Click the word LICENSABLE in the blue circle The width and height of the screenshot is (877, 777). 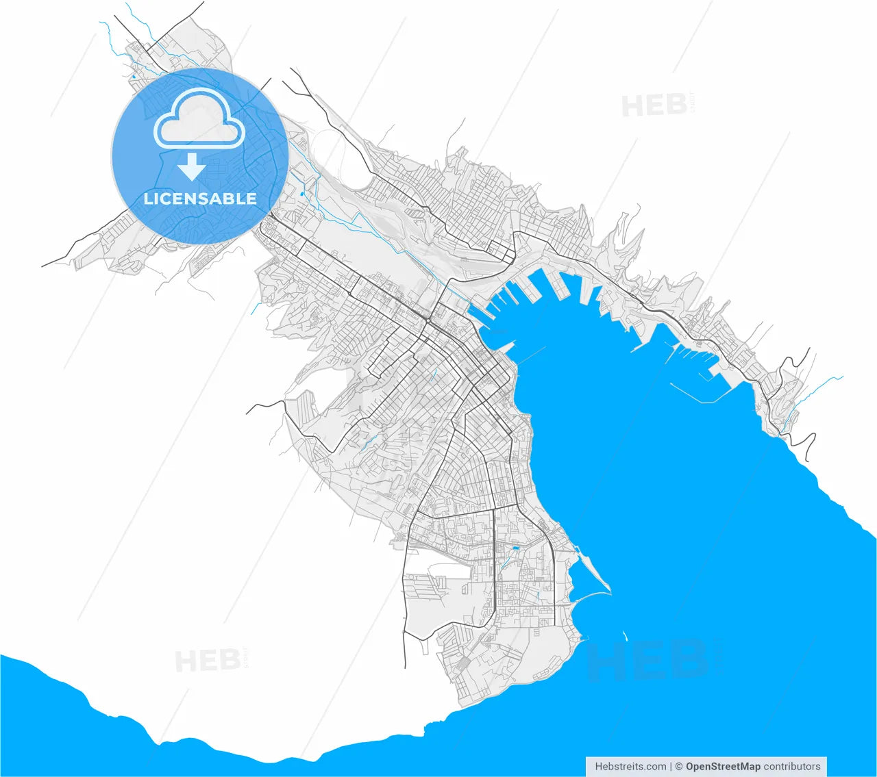point(200,199)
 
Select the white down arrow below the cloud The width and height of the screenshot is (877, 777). point(193,166)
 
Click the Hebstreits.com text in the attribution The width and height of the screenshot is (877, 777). point(630,766)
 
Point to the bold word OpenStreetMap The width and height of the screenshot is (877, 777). point(723,766)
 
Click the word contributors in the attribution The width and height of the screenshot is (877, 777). point(791,766)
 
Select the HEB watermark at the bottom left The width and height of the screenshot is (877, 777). point(208,661)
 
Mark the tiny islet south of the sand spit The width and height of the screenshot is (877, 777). point(625,635)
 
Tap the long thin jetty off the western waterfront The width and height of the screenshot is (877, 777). point(531,354)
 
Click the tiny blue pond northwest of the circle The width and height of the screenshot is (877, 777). point(133,77)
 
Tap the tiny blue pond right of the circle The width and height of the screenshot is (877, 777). point(301,194)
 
